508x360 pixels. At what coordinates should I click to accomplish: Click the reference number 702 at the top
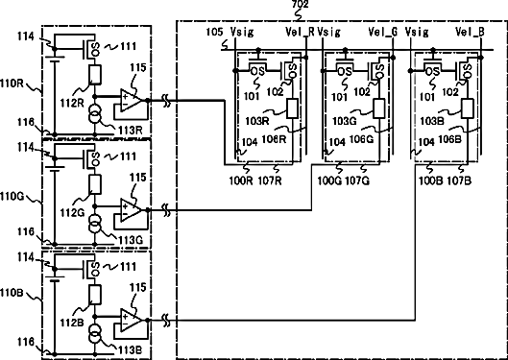click(301, 4)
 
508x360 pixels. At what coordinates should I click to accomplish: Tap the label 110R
click(12, 84)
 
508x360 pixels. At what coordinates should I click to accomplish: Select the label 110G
click(12, 196)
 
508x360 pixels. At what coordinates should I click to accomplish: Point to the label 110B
click(12, 293)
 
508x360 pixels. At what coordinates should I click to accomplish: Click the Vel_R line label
click(300, 32)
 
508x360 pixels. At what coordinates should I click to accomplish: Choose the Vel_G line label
click(383, 32)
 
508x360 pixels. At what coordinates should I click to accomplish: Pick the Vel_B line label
click(471, 32)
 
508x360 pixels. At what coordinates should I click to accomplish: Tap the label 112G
click(72, 213)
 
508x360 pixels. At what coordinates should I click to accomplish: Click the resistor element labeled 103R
click(293, 108)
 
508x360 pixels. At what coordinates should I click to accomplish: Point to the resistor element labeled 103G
click(379, 108)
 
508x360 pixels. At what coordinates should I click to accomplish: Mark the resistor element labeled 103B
click(468, 108)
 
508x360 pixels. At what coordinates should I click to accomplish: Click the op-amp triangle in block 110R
click(131, 101)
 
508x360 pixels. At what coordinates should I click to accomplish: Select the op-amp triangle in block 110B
click(131, 321)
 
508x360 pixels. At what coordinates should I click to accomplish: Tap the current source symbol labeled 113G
click(95, 224)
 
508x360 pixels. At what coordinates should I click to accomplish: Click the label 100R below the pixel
click(241, 180)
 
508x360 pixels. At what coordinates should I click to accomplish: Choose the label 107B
click(459, 180)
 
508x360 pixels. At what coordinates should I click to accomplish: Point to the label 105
click(214, 32)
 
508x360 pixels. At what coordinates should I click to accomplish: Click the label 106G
click(361, 139)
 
